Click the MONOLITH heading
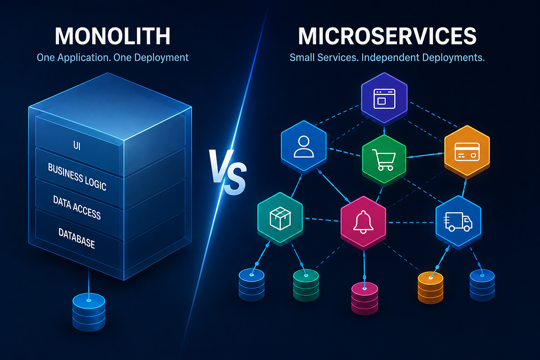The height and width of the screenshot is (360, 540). pos(113,36)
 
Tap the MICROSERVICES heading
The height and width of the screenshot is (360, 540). pos(387,36)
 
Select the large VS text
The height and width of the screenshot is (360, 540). pos(228,172)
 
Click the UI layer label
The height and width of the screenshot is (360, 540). pos(77,145)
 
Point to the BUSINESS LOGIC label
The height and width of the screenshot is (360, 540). pos(77,177)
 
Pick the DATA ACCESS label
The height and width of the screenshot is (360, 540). pos(77,207)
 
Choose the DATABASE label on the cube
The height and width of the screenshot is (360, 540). pos(77,238)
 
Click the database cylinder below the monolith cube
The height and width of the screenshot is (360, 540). pos(89,312)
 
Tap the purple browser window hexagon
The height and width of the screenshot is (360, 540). pos(384,99)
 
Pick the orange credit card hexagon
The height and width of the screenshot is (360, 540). pos(467,152)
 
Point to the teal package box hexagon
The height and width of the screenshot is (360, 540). pos(280,218)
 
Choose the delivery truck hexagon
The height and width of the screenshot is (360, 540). pos(459,222)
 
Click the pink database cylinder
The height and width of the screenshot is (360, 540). pos(364,298)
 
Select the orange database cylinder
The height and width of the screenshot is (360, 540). pos(430,287)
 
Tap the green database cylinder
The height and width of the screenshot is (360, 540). pos(306,285)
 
